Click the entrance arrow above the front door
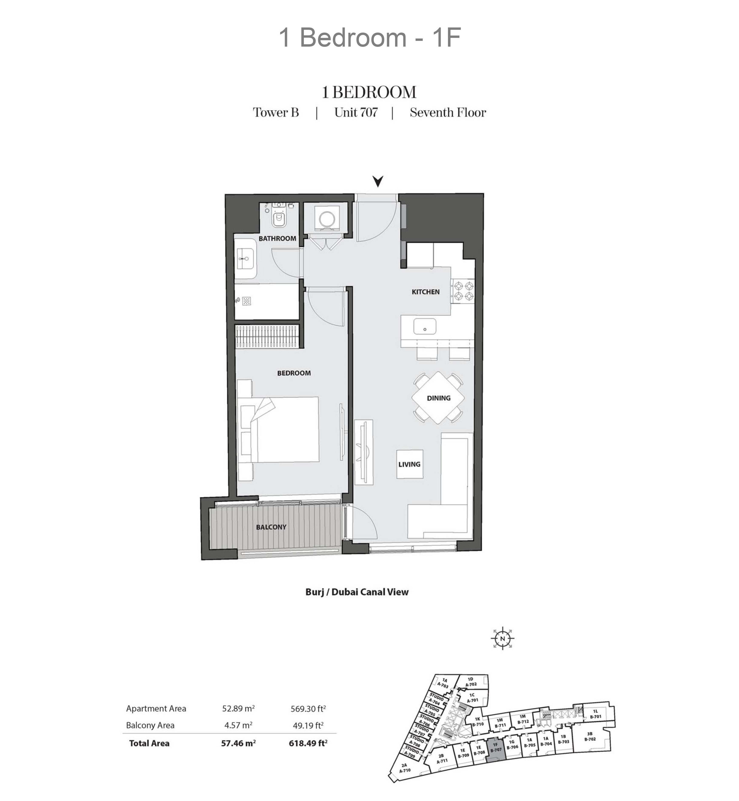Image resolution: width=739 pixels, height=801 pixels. (378, 181)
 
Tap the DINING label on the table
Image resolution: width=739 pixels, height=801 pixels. (439, 398)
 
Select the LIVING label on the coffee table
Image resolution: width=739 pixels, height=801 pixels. (409, 464)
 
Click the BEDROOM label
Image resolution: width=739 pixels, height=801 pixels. (294, 373)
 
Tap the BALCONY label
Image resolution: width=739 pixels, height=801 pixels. (271, 527)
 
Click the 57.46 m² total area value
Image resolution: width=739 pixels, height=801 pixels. (238, 743)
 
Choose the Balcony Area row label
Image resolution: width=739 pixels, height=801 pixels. (150, 725)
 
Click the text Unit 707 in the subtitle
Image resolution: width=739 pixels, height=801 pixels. (356, 112)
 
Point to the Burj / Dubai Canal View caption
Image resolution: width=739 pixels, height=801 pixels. (357, 592)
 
